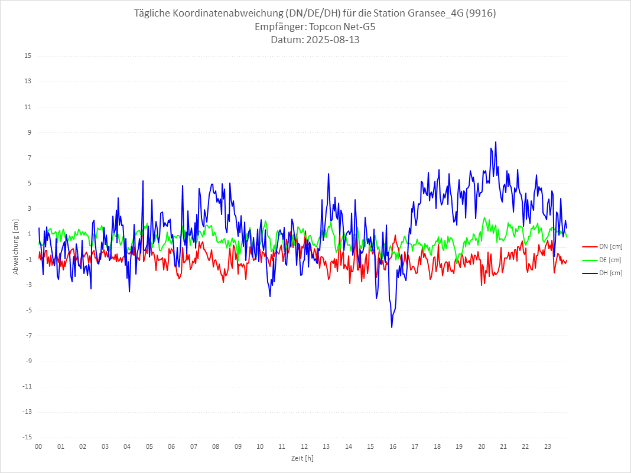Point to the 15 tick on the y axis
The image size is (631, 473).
point(28,56)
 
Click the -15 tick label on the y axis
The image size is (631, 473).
point(27,438)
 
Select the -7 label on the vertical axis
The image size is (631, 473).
point(28,336)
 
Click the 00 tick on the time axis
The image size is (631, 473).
point(38,446)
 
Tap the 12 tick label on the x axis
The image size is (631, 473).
point(304,446)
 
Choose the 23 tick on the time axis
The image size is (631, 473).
point(548,446)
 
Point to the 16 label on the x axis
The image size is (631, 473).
point(393,446)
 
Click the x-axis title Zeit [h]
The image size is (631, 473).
point(302,458)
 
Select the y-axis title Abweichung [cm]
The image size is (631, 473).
point(16,247)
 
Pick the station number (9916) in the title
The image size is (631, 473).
point(480,14)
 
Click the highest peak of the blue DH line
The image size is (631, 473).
point(496,142)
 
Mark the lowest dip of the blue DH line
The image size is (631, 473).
point(391,327)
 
